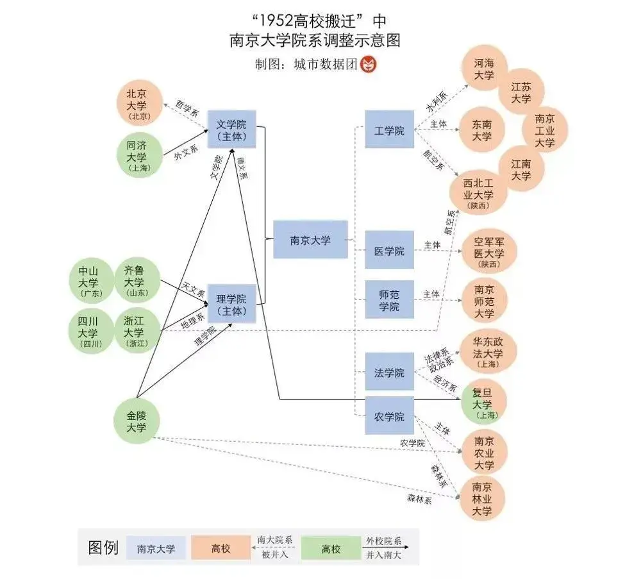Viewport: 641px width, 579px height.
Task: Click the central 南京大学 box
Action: (310, 240)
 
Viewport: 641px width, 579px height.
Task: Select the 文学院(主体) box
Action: (231, 130)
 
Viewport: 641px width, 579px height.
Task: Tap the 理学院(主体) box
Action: (231, 304)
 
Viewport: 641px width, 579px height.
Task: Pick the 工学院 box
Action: (389, 130)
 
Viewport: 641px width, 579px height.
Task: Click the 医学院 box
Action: (389, 250)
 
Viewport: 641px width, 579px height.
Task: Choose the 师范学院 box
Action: (389, 299)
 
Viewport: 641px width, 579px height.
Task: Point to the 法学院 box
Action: (389, 372)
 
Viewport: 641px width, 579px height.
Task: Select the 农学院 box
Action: (389, 415)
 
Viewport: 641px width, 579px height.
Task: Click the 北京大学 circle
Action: (139, 103)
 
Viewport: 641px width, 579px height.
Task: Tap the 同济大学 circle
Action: (139, 155)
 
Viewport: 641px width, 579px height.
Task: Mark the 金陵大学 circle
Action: (136, 421)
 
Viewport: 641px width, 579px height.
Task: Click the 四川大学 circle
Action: (91, 331)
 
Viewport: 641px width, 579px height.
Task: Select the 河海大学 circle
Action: (485, 68)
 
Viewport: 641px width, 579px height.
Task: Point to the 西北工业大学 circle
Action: (478, 192)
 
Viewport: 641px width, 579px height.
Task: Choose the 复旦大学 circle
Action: (484, 403)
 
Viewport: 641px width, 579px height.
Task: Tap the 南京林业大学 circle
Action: (483, 498)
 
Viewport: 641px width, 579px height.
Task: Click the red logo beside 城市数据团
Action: (369, 64)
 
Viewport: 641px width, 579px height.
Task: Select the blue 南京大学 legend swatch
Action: (156, 548)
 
